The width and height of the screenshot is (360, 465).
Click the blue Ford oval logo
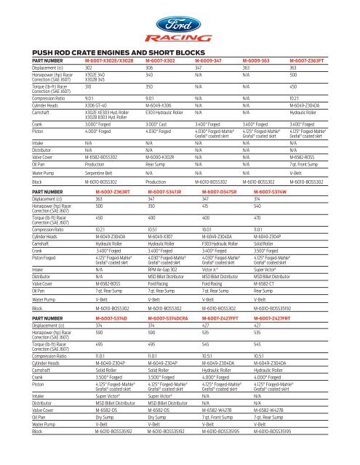[180, 18]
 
